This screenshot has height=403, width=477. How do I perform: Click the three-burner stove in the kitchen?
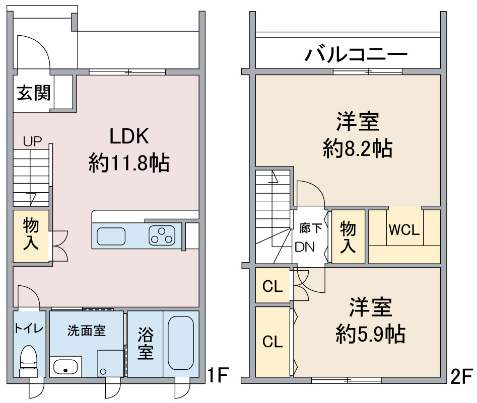pos(162,235)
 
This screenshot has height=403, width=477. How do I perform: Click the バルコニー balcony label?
pos(356,54)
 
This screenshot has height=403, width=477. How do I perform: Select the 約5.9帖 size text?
pos(371,333)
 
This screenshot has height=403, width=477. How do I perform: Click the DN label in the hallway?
pos(305,247)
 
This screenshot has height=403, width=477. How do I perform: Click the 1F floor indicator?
pos(219,375)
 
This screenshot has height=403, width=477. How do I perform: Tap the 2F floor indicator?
pos(461,376)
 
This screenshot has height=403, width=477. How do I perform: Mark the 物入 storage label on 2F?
pos(348,236)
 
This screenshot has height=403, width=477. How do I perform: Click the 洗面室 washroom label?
pos(87,331)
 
